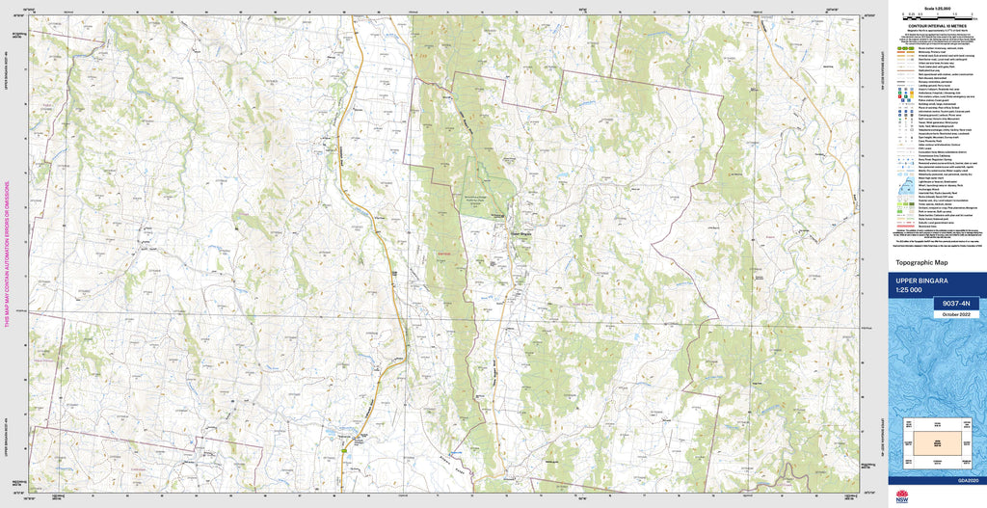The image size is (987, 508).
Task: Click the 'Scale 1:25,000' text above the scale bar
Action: tap(935, 9)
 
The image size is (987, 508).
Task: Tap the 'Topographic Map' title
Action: tap(921, 262)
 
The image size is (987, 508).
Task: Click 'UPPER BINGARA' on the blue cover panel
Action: tap(922, 281)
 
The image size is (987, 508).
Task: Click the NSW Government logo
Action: tap(902, 496)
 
